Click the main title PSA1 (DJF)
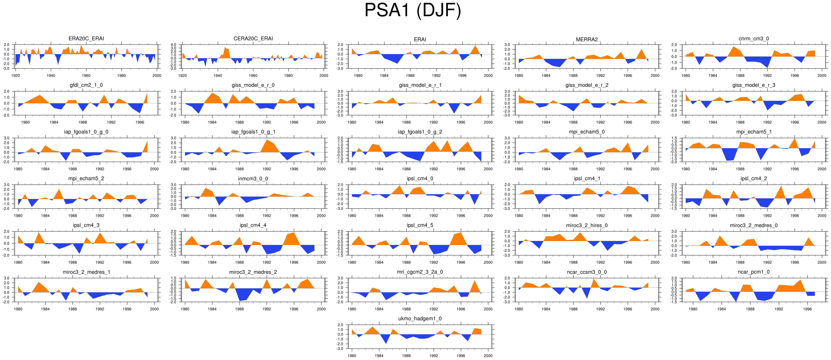[x=413, y=10]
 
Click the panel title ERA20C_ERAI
[x=86, y=38]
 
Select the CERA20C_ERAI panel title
[x=253, y=38]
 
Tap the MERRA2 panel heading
[x=587, y=39]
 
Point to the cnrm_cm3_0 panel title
[x=753, y=38]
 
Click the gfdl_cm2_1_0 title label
[x=86, y=85]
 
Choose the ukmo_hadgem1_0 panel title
[x=420, y=319]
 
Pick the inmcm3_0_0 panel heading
[x=253, y=179]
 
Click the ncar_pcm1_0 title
[x=753, y=272]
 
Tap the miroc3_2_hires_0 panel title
[x=587, y=225]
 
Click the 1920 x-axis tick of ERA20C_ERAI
[x=16, y=76]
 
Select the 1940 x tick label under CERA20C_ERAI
[x=218, y=76]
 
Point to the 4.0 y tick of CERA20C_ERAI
[x=174, y=45]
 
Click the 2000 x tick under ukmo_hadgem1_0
[x=488, y=356]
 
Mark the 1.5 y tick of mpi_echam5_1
[x=674, y=138]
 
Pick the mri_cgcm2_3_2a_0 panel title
[x=420, y=272]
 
